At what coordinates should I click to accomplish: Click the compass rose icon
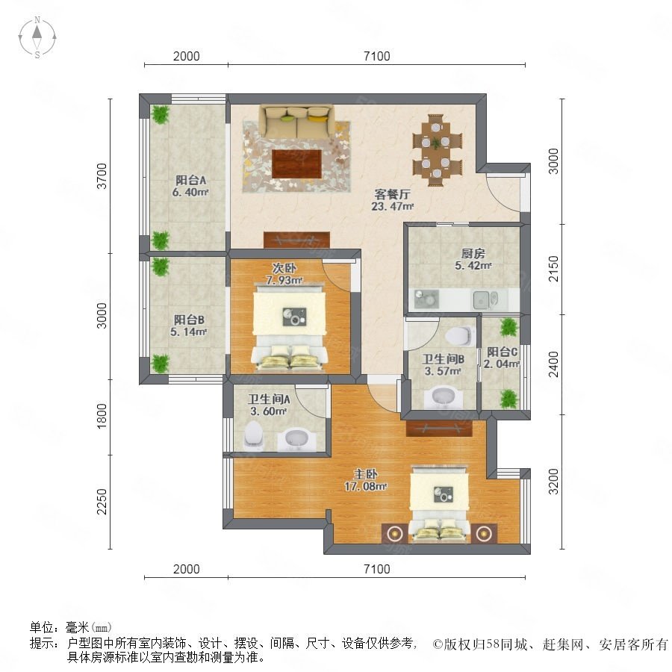(x=37, y=37)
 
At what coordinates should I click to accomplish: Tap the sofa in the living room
(x=296, y=121)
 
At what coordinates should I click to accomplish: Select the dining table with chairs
(x=437, y=149)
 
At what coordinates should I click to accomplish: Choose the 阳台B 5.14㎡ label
(x=189, y=326)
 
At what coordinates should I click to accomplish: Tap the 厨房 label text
(x=473, y=253)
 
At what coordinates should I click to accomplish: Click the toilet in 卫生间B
(x=460, y=335)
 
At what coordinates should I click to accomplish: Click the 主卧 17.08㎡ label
(x=366, y=480)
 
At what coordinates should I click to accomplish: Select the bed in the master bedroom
(x=439, y=504)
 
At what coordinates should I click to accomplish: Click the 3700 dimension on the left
(x=102, y=175)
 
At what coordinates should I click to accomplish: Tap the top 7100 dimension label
(x=377, y=56)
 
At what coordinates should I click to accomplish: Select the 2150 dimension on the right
(x=554, y=269)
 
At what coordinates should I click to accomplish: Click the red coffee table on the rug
(x=297, y=164)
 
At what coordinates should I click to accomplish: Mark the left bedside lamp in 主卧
(x=393, y=534)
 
